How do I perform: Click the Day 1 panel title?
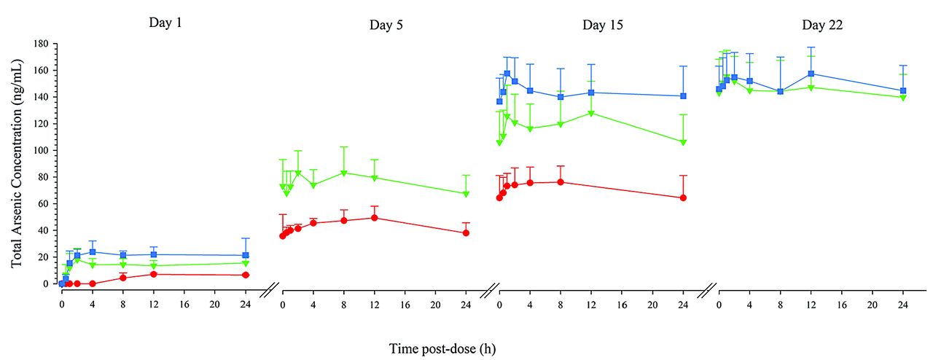coord(165,22)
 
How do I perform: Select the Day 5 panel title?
coord(386,25)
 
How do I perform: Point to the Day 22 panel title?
coord(823,25)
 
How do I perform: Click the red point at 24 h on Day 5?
coord(466,233)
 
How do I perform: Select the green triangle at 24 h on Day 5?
coord(466,194)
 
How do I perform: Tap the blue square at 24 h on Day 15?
coord(683,96)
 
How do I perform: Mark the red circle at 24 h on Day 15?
coord(683,197)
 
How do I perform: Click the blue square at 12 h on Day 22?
coord(811,74)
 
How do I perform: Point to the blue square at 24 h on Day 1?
coord(246,255)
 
